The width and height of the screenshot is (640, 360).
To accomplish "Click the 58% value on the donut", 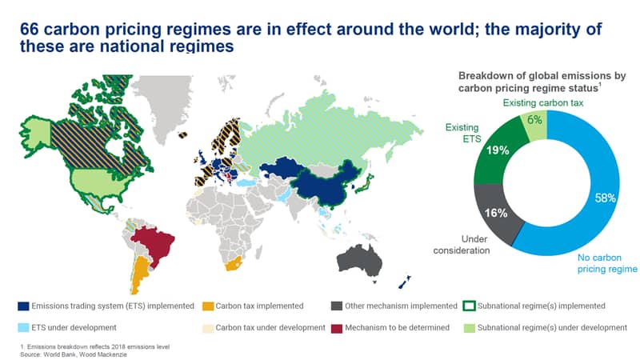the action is click(x=605, y=198).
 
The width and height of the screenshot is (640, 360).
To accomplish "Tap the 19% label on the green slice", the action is click(x=498, y=150).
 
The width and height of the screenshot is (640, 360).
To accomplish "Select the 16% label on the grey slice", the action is click(x=496, y=213).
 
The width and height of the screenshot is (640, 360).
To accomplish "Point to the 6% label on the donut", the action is click(x=534, y=119).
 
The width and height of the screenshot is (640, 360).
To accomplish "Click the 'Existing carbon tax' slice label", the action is click(x=543, y=103).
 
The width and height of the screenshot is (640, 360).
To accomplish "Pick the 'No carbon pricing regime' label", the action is click(x=607, y=263).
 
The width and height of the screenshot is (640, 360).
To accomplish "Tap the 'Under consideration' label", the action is click(x=462, y=245).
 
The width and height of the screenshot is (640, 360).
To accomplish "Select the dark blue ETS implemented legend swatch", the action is click(x=24, y=306).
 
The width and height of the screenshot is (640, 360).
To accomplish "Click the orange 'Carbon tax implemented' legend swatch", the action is click(x=208, y=306).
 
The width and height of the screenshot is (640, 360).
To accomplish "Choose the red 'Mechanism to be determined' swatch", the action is click(x=336, y=328).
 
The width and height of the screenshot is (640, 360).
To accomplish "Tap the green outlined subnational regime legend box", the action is click(x=470, y=306).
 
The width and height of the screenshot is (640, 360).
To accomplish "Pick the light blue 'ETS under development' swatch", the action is click(x=24, y=328).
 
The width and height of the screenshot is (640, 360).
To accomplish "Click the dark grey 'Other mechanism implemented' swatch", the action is click(x=336, y=306).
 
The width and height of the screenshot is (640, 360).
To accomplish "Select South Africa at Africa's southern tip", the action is click(x=233, y=265).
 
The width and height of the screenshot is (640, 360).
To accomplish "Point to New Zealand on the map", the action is click(x=405, y=282).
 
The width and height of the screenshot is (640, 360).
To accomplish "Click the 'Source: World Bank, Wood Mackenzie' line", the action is click(x=74, y=354).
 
